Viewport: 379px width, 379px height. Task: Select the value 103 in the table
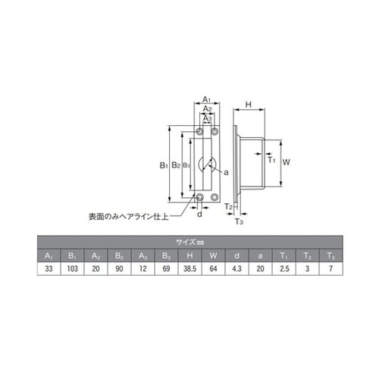pyautogui.click(x=70, y=269)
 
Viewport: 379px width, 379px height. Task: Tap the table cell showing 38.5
pyautogui.click(x=189, y=269)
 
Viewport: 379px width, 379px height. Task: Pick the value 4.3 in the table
pyautogui.click(x=236, y=269)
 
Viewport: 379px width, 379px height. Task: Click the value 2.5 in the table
pyautogui.click(x=283, y=269)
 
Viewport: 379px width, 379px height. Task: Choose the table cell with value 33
pyautogui.click(x=47, y=269)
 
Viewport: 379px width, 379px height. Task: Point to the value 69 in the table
pyautogui.click(x=165, y=269)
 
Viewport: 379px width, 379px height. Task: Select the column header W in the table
pyautogui.click(x=213, y=255)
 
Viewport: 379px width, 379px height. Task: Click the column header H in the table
pyautogui.click(x=189, y=255)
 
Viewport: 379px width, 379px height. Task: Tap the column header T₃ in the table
pyautogui.click(x=330, y=255)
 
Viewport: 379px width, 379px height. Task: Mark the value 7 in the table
pyautogui.click(x=330, y=269)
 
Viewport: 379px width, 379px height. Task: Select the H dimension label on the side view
pyautogui.click(x=249, y=104)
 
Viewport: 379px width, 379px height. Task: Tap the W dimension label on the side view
pyautogui.click(x=287, y=162)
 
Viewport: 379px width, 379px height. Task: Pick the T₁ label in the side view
pyautogui.click(x=271, y=158)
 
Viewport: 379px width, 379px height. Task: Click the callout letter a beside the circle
pyautogui.click(x=226, y=172)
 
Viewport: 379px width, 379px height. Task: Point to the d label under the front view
pyautogui.click(x=199, y=215)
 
